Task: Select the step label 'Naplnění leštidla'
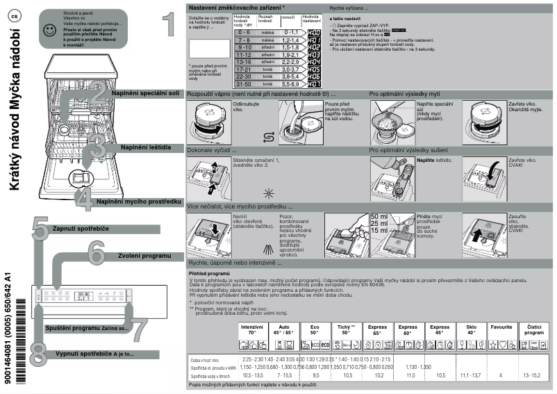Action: [x=151, y=147]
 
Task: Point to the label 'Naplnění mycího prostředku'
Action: [x=139, y=202]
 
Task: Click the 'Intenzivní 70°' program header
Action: [x=251, y=329]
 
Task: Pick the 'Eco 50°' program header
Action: [x=315, y=329]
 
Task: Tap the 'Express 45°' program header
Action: [x=440, y=329]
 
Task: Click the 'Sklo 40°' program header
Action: [x=471, y=329]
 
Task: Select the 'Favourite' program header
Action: [x=501, y=326]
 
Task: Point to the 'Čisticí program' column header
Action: [x=534, y=329]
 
